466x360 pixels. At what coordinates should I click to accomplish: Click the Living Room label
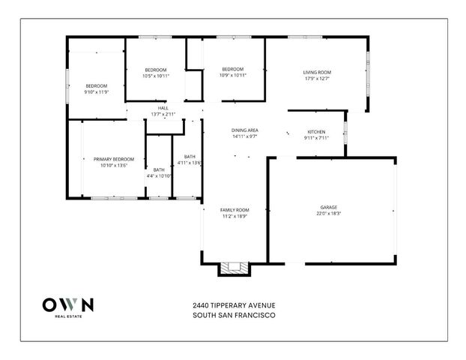click(318, 72)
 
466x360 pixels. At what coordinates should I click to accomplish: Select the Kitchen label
click(317, 132)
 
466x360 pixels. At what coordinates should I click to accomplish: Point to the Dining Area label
click(245, 130)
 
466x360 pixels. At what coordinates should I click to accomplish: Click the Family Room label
click(234, 210)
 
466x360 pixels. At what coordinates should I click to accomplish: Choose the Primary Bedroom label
click(114, 159)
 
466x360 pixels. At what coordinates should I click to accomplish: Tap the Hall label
click(163, 108)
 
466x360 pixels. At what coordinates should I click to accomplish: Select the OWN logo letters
click(68, 305)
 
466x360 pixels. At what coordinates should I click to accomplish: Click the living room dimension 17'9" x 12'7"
click(318, 78)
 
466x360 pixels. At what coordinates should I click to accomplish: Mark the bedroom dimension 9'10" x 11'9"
click(96, 92)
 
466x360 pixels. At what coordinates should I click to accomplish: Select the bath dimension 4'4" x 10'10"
click(159, 176)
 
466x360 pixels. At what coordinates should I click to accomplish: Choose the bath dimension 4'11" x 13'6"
click(190, 163)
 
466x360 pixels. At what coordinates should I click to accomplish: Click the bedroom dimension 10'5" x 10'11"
click(156, 75)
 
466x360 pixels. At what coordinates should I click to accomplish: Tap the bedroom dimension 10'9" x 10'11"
click(233, 75)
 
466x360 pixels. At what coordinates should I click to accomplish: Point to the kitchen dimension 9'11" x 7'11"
click(317, 138)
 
